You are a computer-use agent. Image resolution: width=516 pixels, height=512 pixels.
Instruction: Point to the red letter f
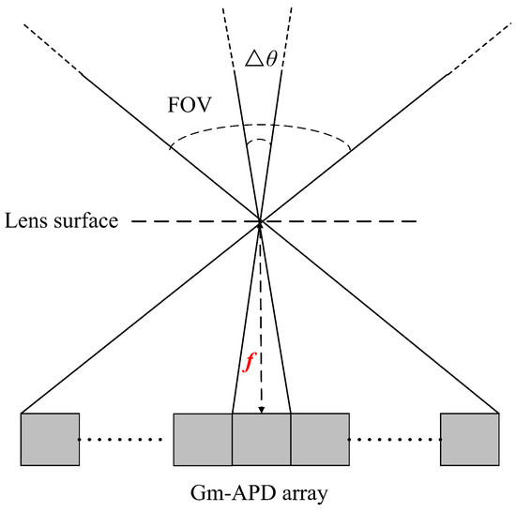click(249, 363)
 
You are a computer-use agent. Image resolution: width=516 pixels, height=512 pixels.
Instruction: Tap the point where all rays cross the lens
click(261, 222)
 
